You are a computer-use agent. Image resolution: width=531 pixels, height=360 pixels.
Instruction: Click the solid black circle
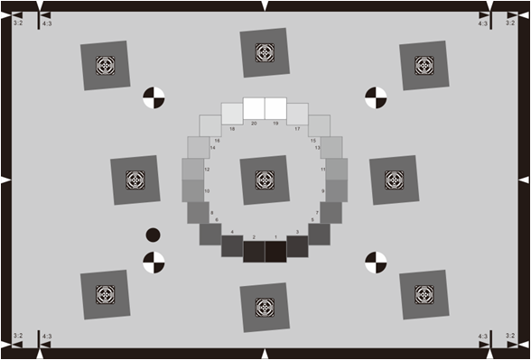(x=153, y=235)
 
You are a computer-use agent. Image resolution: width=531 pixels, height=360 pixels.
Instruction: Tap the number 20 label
(x=254, y=123)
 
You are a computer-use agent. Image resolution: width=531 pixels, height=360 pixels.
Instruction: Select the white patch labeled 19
(x=275, y=108)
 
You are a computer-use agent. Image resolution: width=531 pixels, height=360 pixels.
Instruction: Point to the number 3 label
(x=298, y=232)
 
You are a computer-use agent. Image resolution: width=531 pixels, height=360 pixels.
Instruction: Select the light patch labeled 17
(x=297, y=114)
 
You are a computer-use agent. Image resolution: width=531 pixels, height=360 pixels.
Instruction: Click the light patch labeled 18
(x=232, y=114)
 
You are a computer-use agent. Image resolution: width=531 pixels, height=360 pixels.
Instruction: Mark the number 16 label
(x=217, y=141)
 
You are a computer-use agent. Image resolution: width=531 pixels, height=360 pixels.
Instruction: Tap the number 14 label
(x=212, y=148)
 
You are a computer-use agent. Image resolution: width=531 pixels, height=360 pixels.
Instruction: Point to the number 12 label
(x=207, y=169)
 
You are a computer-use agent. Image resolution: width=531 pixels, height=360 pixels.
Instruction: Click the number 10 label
(x=207, y=191)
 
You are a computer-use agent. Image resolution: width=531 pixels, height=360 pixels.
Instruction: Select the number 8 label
(x=211, y=213)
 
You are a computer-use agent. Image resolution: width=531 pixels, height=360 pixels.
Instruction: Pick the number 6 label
(x=217, y=219)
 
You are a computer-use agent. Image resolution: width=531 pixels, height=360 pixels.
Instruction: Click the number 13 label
(x=317, y=148)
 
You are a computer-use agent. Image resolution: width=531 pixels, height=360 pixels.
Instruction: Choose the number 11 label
(x=322, y=169)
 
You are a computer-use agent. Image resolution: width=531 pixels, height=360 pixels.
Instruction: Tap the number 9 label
(x=322, y=191)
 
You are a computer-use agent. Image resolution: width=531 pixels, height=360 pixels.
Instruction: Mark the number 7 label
(x=317, y=213)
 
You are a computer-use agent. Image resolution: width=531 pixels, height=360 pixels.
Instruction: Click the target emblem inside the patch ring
(x=265, y=180)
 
